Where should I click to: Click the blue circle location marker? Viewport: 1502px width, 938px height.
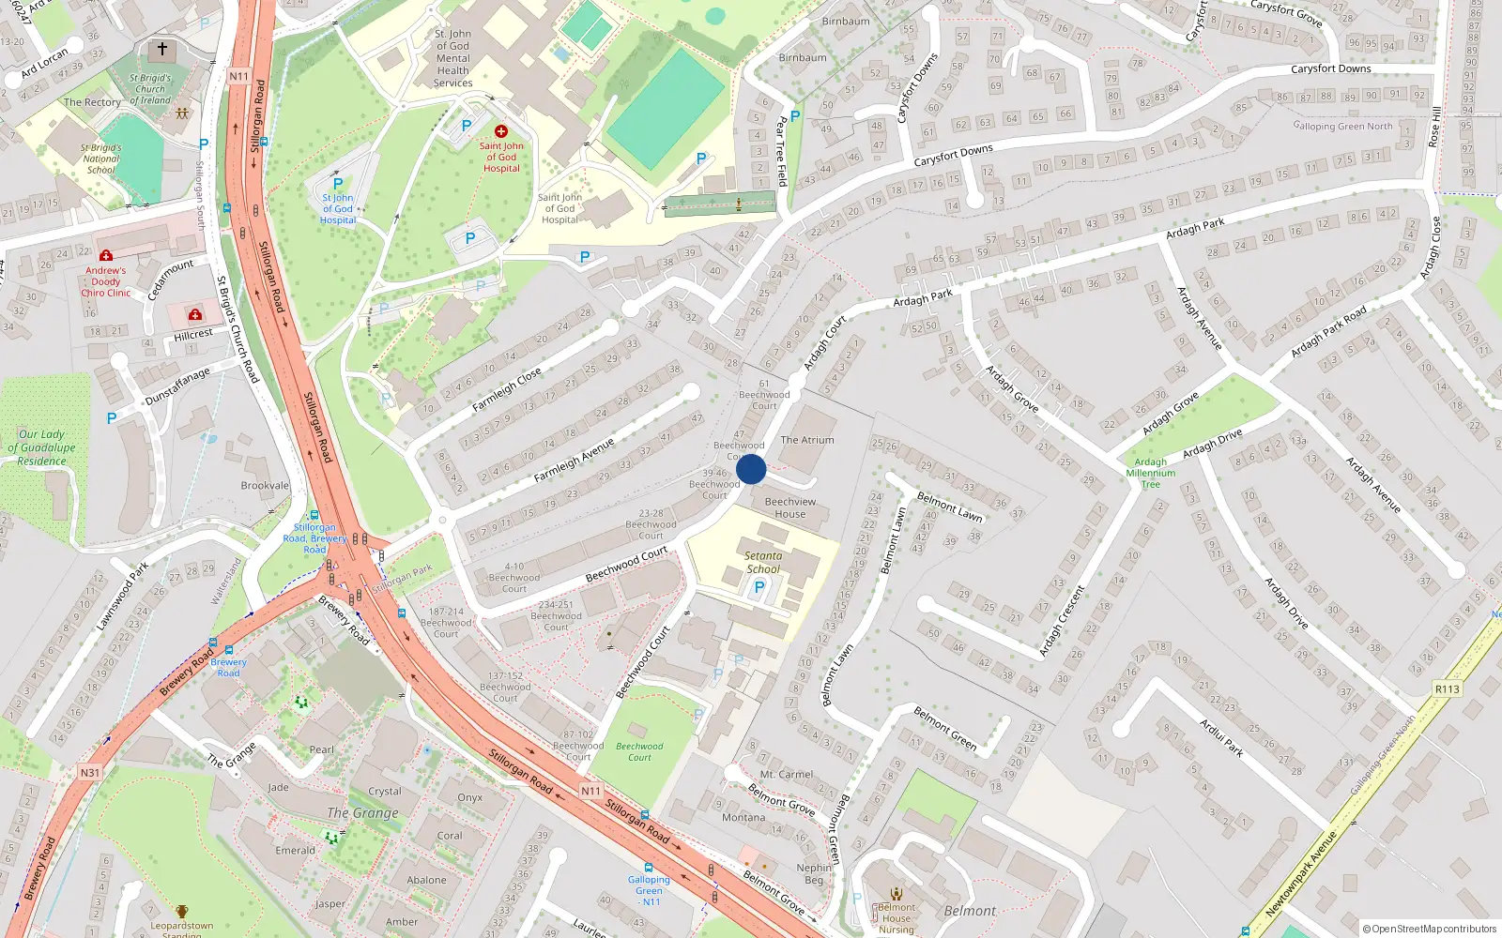pos(751,469)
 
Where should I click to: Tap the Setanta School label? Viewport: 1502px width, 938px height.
pos(763,562)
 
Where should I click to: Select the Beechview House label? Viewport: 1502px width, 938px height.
pos(790,507)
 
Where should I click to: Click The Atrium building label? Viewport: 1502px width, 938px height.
pos(807,439)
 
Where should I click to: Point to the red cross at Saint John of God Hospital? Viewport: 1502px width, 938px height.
pos(501,131)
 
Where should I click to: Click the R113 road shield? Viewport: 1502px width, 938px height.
pos(1447,688)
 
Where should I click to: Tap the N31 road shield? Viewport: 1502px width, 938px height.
pos(89,773)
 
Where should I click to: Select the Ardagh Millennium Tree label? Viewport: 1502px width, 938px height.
pos(1151,473)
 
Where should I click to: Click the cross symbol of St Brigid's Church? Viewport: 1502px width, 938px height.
pos(161,49)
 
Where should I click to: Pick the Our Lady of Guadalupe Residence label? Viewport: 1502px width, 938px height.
pos(42,447)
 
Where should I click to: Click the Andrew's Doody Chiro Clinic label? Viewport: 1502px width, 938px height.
pos(106,281)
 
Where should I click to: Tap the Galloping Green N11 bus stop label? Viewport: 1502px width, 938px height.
pos(650,890)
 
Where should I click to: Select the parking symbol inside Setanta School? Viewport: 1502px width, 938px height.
pos(759,587)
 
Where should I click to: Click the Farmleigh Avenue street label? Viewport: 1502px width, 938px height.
pos(574,461)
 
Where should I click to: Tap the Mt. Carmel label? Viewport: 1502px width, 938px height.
pos(787,775)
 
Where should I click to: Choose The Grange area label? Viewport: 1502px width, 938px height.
pos(363,812)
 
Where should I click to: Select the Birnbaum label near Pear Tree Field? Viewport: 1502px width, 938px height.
pos(803,57)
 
